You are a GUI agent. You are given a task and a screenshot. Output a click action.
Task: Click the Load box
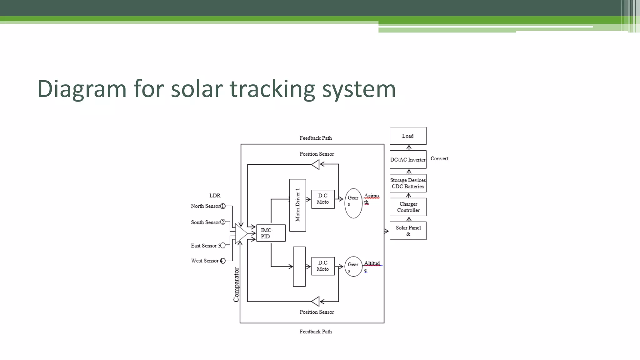[x=408, y=136]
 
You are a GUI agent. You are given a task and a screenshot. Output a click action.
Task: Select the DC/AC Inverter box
[x=408, y=159]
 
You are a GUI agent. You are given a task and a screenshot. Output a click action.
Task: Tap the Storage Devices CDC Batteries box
[x=408, y=183]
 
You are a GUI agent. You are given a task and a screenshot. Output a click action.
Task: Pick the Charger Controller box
[x=408, y=207]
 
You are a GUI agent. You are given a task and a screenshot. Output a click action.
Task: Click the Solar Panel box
[x=408, y=231]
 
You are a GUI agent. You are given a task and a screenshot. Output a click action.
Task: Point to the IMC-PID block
[x=271, y=233]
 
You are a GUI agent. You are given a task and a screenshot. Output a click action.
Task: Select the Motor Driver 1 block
[x=297, y=205]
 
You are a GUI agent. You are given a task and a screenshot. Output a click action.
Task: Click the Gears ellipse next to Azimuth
[x=353, y=203]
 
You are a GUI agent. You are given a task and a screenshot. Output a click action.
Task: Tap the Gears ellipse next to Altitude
[x=353, y=267]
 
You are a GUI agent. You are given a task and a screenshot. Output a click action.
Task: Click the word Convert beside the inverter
[x=439, y=158]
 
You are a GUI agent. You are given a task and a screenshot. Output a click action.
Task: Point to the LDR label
[x=215, y=195]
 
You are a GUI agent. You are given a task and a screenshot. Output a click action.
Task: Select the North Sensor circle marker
[x=223, y=206]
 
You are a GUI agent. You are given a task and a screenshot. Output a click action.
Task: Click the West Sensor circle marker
[x=223, y=261]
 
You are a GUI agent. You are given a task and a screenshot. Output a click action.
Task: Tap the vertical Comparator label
[x=236, y=285]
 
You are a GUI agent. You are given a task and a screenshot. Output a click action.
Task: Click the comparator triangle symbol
[x=241, y=233]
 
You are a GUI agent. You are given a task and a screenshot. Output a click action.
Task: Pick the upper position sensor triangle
[x=316, y=164]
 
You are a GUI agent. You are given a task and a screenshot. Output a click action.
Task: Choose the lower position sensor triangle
[x=316, y=302]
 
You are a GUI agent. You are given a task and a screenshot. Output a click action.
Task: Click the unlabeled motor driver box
[x=299, y=267]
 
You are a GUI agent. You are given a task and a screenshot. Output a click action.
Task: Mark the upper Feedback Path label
[x=316, y=138]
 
